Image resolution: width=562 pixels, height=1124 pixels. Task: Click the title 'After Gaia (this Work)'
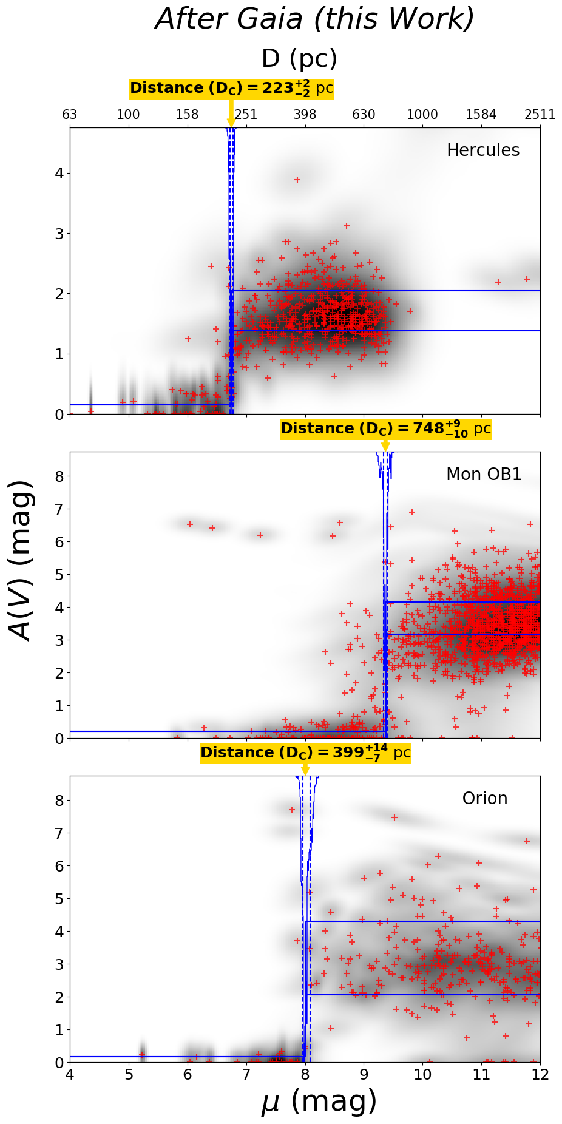pyautogui.click(x=315, y=19)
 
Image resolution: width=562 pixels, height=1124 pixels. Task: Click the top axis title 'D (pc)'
pyautogui.click(x=299, y=59)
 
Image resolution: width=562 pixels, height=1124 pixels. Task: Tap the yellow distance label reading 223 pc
pyautogui.click(x=231, y=89)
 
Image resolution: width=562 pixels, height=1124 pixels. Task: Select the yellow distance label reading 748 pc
pyautogui.click(x=385, y=429)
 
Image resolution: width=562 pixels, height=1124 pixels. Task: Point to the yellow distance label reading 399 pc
pyautogui.click(x=305, y=753)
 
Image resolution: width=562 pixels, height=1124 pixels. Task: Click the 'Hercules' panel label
pyautogui.click(x=483, y=151)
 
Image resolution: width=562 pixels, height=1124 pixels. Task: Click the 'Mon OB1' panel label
pyautogui.click(x=484, y=475)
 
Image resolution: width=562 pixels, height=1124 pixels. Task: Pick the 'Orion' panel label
pyautogui.click(x=485, y=799)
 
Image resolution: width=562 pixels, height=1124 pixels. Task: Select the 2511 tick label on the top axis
pyautogui.click(x=540, y=115)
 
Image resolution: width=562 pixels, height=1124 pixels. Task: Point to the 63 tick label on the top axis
pyautogui.click(x=70, y=115)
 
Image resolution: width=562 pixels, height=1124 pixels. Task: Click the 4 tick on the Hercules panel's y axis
pyautogui.click(x=59, y=174)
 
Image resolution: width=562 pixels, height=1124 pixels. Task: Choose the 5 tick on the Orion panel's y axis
pyautogui.click(x=59, y=898)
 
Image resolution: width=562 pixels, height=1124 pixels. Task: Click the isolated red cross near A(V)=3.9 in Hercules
pyautogui.click(x=297, y=180)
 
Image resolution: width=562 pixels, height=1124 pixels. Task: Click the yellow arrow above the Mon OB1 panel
pyautogui.click(x=385, y=445)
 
